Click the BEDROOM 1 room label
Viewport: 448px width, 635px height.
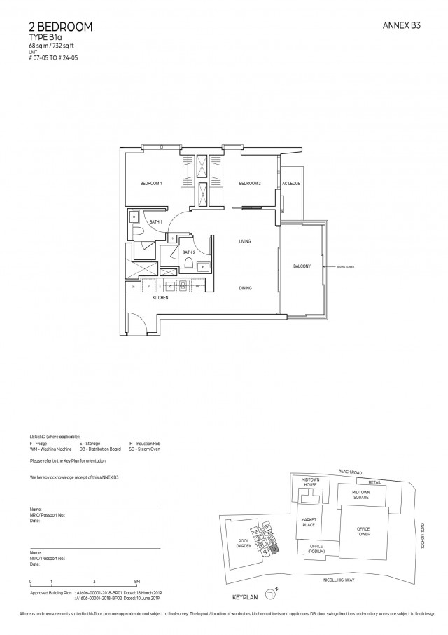tap(151, 184)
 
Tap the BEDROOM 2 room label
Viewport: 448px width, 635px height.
tap(250, 184)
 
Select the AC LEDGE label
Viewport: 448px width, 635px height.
tap(291, 184)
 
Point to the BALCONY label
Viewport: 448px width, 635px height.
tap(302, 266)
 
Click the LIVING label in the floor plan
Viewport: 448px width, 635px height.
tap(244, 241)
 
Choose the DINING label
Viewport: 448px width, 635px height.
tap(244, 288)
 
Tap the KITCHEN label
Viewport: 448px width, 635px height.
tap(161, 298)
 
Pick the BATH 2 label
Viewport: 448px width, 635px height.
tap(188, 252)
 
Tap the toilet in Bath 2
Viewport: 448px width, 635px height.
tap(188, 264)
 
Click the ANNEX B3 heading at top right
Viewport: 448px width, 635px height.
tap(401, 25)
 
